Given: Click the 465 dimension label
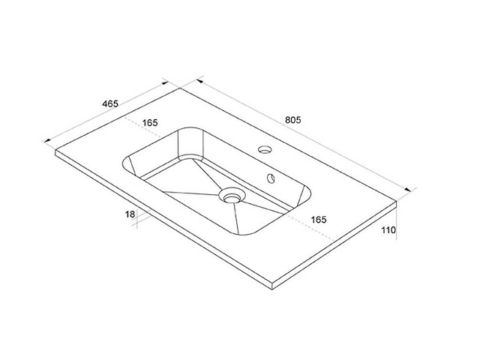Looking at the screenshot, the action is pyautogui.click(x=110, y=103).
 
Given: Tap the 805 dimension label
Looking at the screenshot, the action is pyautogui.click(x=293, y=120).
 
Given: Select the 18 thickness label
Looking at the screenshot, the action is pyautogui.click(x=130, y=214).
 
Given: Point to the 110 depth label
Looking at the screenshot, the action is pyautogui.click(x=388, y=230).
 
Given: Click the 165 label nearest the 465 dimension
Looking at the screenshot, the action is pyautogui.click(x=150, y=122).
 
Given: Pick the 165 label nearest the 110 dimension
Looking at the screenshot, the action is pyautogui.click(x=319, y=220).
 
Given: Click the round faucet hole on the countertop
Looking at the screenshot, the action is pyautogui.click(x=265, y=149).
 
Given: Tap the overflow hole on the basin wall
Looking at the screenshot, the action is pyautogui.click(x=271, y=178).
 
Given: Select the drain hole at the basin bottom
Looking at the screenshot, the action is pyautogui.click(x=232, y=196).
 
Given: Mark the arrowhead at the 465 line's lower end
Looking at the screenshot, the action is pyautogui.click(x=47, y=140).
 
